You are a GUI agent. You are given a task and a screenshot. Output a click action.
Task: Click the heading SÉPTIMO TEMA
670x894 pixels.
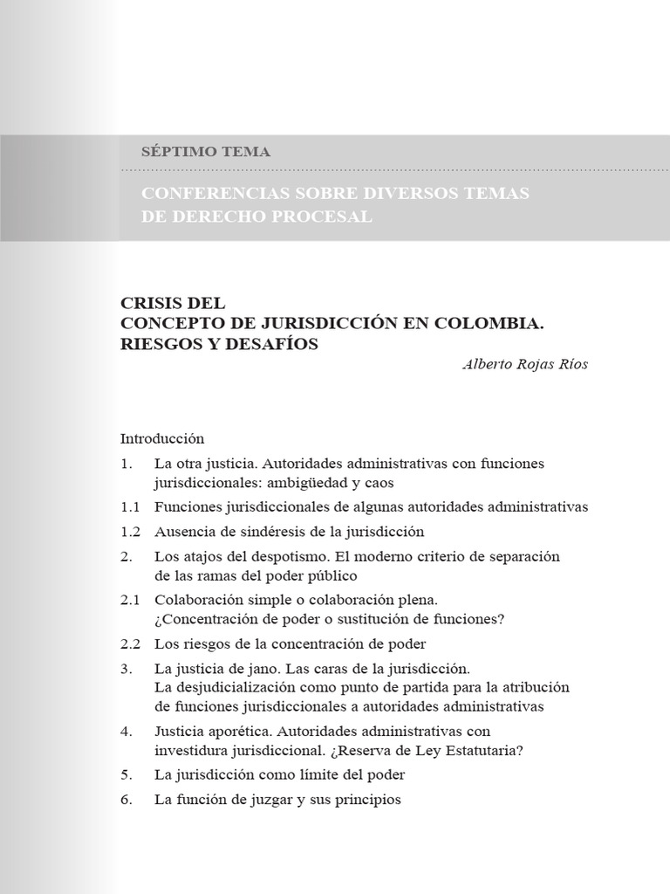click(x=206, y=151)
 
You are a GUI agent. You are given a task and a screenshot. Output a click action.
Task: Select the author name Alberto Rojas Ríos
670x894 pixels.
click(x=524, y=365)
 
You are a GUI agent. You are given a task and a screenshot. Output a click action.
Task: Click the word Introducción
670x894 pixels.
click(x=161, y=438)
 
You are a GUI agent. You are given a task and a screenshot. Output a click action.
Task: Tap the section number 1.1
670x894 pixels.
click(x=130, y=506)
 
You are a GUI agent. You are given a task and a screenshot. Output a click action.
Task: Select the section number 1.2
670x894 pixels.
click(x=130, y=531)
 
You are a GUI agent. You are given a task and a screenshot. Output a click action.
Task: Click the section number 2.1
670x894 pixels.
click(x=130, y=600)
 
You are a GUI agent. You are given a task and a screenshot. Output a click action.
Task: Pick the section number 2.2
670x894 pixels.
click(x=130, y=644)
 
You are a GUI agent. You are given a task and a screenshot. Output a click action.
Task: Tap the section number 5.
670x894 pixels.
click(x=126, y=774)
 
